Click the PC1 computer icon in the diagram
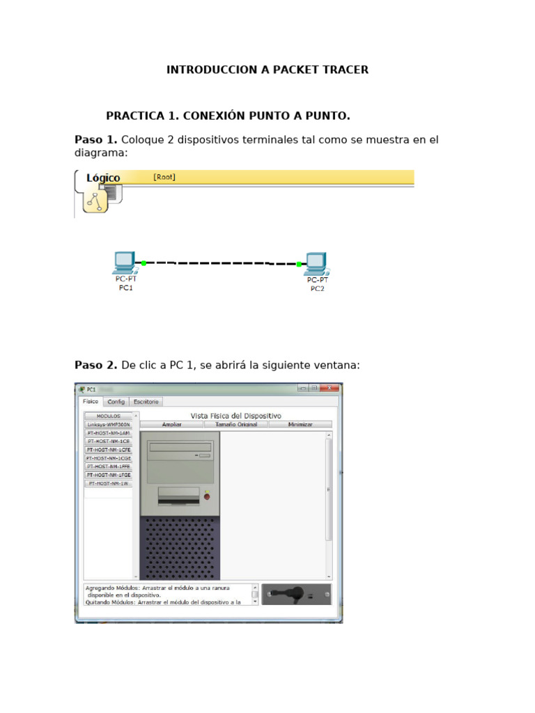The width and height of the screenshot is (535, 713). click(124, 263)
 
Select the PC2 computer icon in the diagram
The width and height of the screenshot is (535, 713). click(316, 263)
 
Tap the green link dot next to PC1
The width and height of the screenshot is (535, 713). click(144, 263)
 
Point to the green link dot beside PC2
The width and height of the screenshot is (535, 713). click(299, 264)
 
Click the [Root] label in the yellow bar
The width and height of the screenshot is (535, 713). click(164, 177)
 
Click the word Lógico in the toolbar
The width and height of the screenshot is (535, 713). click(103, 178)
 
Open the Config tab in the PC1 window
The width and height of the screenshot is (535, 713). click(116, 402)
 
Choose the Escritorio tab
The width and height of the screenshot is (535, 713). click(146, 402)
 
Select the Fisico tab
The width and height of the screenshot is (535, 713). click(91, 402)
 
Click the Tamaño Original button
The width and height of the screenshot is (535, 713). click(236, 424)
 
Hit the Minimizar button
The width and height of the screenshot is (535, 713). click(300, 424)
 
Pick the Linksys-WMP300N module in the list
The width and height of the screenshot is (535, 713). click(108, 424)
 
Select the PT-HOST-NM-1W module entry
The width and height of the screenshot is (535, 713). click(108, 483)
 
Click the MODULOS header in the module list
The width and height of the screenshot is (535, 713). click(108, 416)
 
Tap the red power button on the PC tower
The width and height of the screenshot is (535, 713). click(206, 496)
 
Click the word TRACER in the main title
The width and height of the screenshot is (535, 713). click(342, 70)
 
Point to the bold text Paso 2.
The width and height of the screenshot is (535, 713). click(96, 365)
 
